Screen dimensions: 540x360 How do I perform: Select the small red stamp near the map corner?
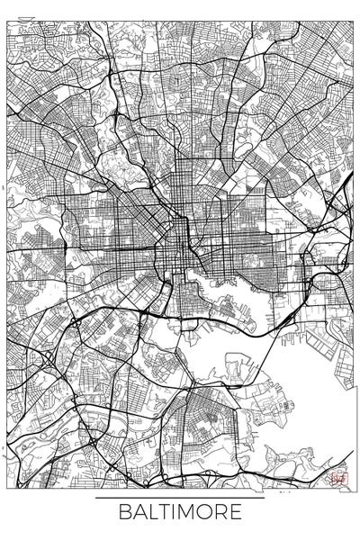coord(338,479)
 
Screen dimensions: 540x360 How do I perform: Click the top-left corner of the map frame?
coord(7,7)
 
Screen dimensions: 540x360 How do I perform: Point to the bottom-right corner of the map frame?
coord(353,491)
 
